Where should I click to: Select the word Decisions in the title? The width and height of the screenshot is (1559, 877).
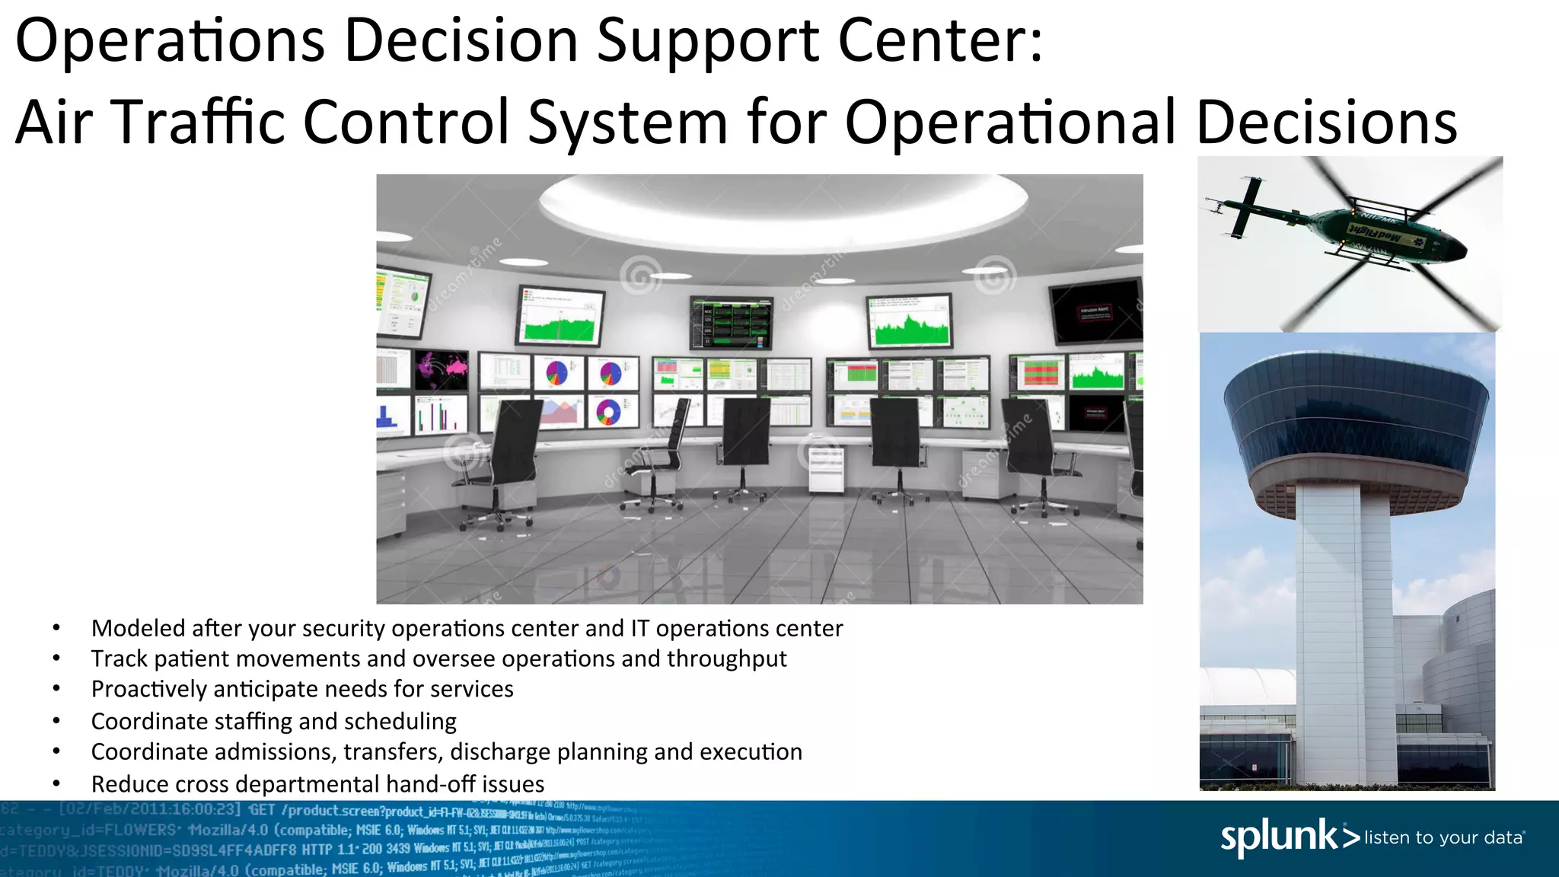click(x=1327, y=122)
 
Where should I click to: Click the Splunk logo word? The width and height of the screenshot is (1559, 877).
click(x=1279, y=837)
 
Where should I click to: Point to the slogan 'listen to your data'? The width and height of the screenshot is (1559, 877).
click(x=1444, y=837)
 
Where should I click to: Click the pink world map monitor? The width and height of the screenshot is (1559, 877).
click(x=442, y=370)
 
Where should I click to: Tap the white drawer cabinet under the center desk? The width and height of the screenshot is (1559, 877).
click(x=825, y=469)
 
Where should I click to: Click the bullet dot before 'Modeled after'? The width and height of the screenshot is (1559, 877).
click(x=56, y=629)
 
